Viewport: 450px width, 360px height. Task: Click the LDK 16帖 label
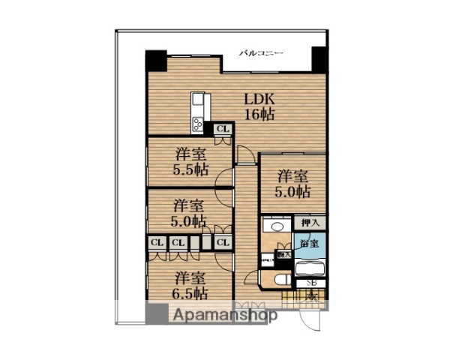coord(257,106)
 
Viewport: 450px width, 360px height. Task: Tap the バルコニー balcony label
coord(261,54)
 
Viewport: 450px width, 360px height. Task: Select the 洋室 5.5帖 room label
coord(191,161)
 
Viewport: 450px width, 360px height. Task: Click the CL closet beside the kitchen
coord(222,129)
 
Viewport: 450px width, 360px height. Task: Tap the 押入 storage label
coord(310,223)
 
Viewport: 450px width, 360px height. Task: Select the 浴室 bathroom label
coord(309,244)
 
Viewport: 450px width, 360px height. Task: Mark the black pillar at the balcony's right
coord(319,57)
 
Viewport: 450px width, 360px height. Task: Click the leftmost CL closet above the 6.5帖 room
coord(157,243)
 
